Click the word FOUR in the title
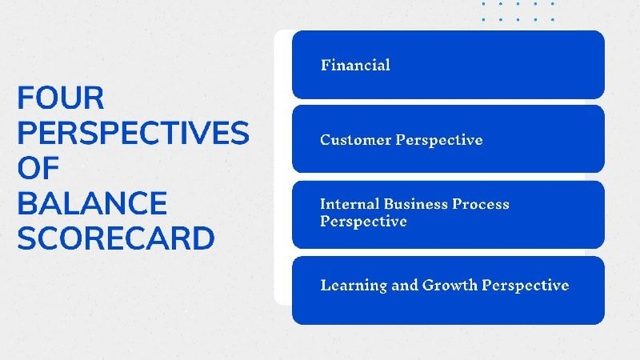61,99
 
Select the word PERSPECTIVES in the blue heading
133,134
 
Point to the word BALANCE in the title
92,203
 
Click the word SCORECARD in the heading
116,238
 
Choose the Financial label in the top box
355,65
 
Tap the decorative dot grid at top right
518,10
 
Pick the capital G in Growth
429,286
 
